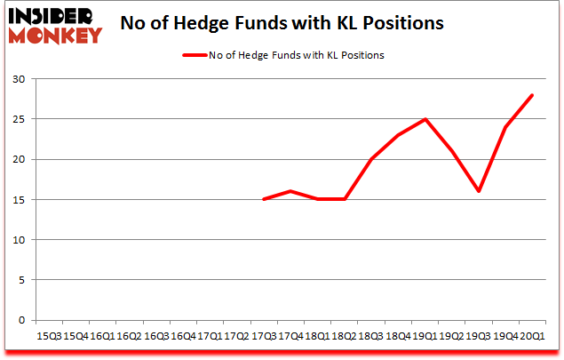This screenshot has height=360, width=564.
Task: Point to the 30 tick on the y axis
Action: pos(18,79)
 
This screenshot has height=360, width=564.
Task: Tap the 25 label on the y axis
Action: pos(18,119)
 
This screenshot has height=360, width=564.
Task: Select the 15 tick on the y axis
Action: pos(18,200)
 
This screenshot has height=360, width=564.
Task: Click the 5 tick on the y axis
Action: pos(20,280)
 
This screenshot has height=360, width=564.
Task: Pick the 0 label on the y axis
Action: pos(20,320)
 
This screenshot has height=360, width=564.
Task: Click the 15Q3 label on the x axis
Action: pos(48,336)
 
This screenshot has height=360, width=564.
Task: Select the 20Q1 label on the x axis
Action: pos(533,336)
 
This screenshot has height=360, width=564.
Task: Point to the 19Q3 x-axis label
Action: pos(479,336)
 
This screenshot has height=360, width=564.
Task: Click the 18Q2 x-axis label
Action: pos(345,336)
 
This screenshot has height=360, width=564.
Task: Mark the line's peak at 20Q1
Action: pos(533,95)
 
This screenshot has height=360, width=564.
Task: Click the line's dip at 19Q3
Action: pos(479,191)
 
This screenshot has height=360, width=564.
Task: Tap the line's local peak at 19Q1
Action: pos(425,119)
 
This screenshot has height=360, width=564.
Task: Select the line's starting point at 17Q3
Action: pos(264,199)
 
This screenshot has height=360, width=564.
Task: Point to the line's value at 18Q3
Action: pos(371,159)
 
